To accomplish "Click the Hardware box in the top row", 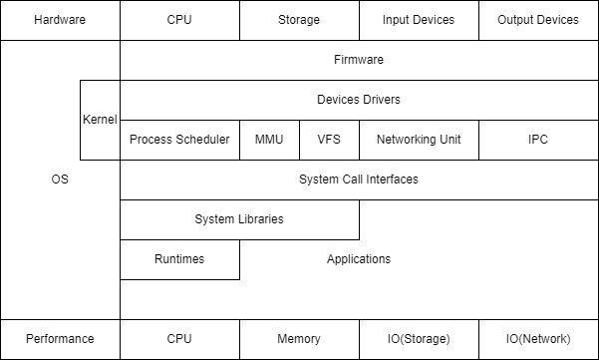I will (x=60, y=20).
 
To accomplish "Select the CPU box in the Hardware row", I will (x=179, y=20).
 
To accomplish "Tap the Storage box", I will (x=299, y=20).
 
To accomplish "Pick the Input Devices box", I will (x=419, y=20).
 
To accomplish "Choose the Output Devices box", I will (x=538, y=20).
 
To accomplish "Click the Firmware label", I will (x=359, y=60).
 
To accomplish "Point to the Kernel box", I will (x=100, y=120).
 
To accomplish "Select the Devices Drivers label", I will (x=359, y=100).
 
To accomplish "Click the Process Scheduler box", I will (x=179, y=140).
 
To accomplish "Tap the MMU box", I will (x=269, y=140).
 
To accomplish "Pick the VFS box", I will (x=329, y=140).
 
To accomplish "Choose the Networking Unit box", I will (x=419, y=140).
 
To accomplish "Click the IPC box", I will (x=538, y=140).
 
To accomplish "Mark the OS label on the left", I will (x=60, y=180).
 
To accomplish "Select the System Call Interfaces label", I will (x=359, y=180).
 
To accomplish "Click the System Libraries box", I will (x=239, y=219).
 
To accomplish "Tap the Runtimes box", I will (x=179, y=259).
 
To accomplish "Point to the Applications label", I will (x=359, y=259).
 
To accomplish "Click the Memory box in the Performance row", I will (x=299, y=339).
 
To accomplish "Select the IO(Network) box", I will (x=538, y=339).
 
